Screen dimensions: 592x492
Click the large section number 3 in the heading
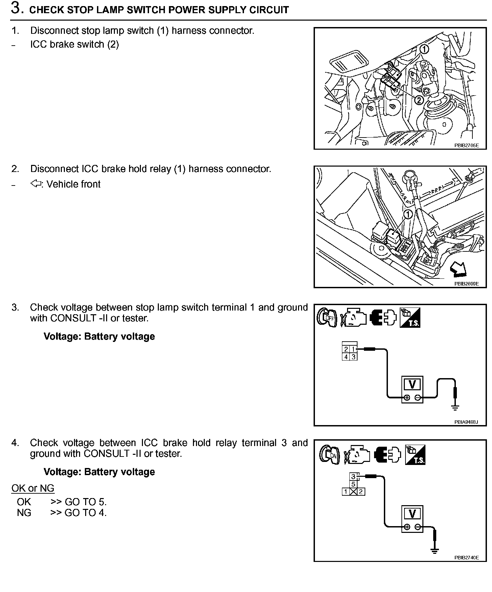(16, 8)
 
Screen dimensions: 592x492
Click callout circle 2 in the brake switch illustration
(418, 100)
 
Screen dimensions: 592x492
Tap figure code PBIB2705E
(466, 146)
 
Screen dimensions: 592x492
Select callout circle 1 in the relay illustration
(408, 214)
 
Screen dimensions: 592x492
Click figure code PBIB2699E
(466, 284)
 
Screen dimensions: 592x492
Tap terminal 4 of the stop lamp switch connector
(346, 357)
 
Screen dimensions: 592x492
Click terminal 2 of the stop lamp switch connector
(346, 349)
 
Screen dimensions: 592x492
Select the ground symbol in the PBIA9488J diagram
(455, 407)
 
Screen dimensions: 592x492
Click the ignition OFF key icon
(327, 317)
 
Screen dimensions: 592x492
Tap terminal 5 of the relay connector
(353, 484)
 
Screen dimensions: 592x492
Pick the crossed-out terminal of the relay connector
(353, 492)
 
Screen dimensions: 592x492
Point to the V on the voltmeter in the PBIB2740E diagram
(412, 514)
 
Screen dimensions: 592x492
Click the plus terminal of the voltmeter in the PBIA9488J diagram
(407, 398)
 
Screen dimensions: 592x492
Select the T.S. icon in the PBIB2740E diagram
(415, 454)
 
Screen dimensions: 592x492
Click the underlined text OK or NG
(33, 488)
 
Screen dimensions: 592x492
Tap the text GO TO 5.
(85, 502)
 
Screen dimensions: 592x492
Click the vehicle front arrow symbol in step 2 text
(35, 184)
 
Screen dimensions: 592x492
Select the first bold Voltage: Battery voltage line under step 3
(99, 337)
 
